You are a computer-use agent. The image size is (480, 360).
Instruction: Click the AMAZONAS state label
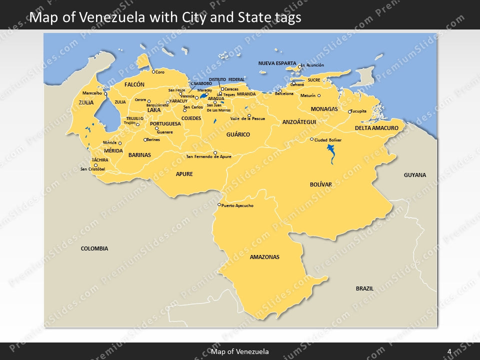(x=264, y=257)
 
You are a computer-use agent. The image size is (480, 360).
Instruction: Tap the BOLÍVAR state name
(x=320, y=184)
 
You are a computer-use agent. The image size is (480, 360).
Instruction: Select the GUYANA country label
(x=414, y=175)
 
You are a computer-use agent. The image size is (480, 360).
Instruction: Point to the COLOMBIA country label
(x=94, y=248)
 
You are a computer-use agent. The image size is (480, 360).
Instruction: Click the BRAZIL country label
(x=364, y=288)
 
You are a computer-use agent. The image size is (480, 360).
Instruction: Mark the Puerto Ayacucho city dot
(x=219, y=204)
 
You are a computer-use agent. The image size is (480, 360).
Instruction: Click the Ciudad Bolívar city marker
(x=312, y=139)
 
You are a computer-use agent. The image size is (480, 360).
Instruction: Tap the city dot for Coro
(x=153, y=71)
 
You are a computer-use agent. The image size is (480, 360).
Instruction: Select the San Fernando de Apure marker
(x=215, y=152)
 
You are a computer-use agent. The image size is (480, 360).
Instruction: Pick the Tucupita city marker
(x=350, y=111)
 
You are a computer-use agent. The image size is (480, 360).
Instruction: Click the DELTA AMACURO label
(x=376, y=128)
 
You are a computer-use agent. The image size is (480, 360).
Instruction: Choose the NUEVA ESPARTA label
(x=277, y=63)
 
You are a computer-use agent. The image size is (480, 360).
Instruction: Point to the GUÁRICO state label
(x=238, y=134)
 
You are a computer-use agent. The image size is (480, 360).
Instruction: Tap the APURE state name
(x=184, y=174)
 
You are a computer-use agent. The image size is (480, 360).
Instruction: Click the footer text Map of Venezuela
(x=239, y=352)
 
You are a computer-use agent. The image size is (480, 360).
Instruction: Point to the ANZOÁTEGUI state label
(x=299, y=122)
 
